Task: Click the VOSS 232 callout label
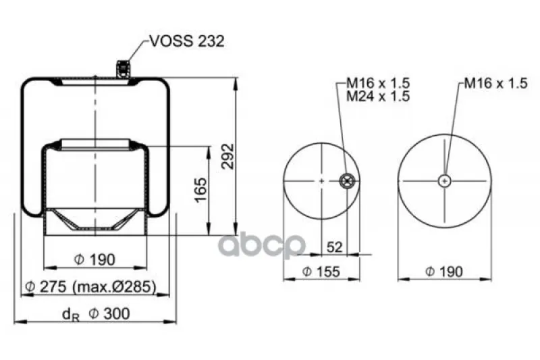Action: click(188, 41)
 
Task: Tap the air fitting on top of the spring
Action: click(124, 68)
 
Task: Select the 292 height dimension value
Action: click(227, 156)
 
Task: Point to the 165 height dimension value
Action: click(200, 190)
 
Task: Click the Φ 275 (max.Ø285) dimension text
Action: click(91, 286)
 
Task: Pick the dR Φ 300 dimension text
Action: click(96, 314)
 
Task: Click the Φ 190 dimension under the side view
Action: click(94, 259)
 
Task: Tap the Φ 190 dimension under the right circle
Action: click(444, 272)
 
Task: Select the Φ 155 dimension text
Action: click(321, 272)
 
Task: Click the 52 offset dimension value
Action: click(334, 247)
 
